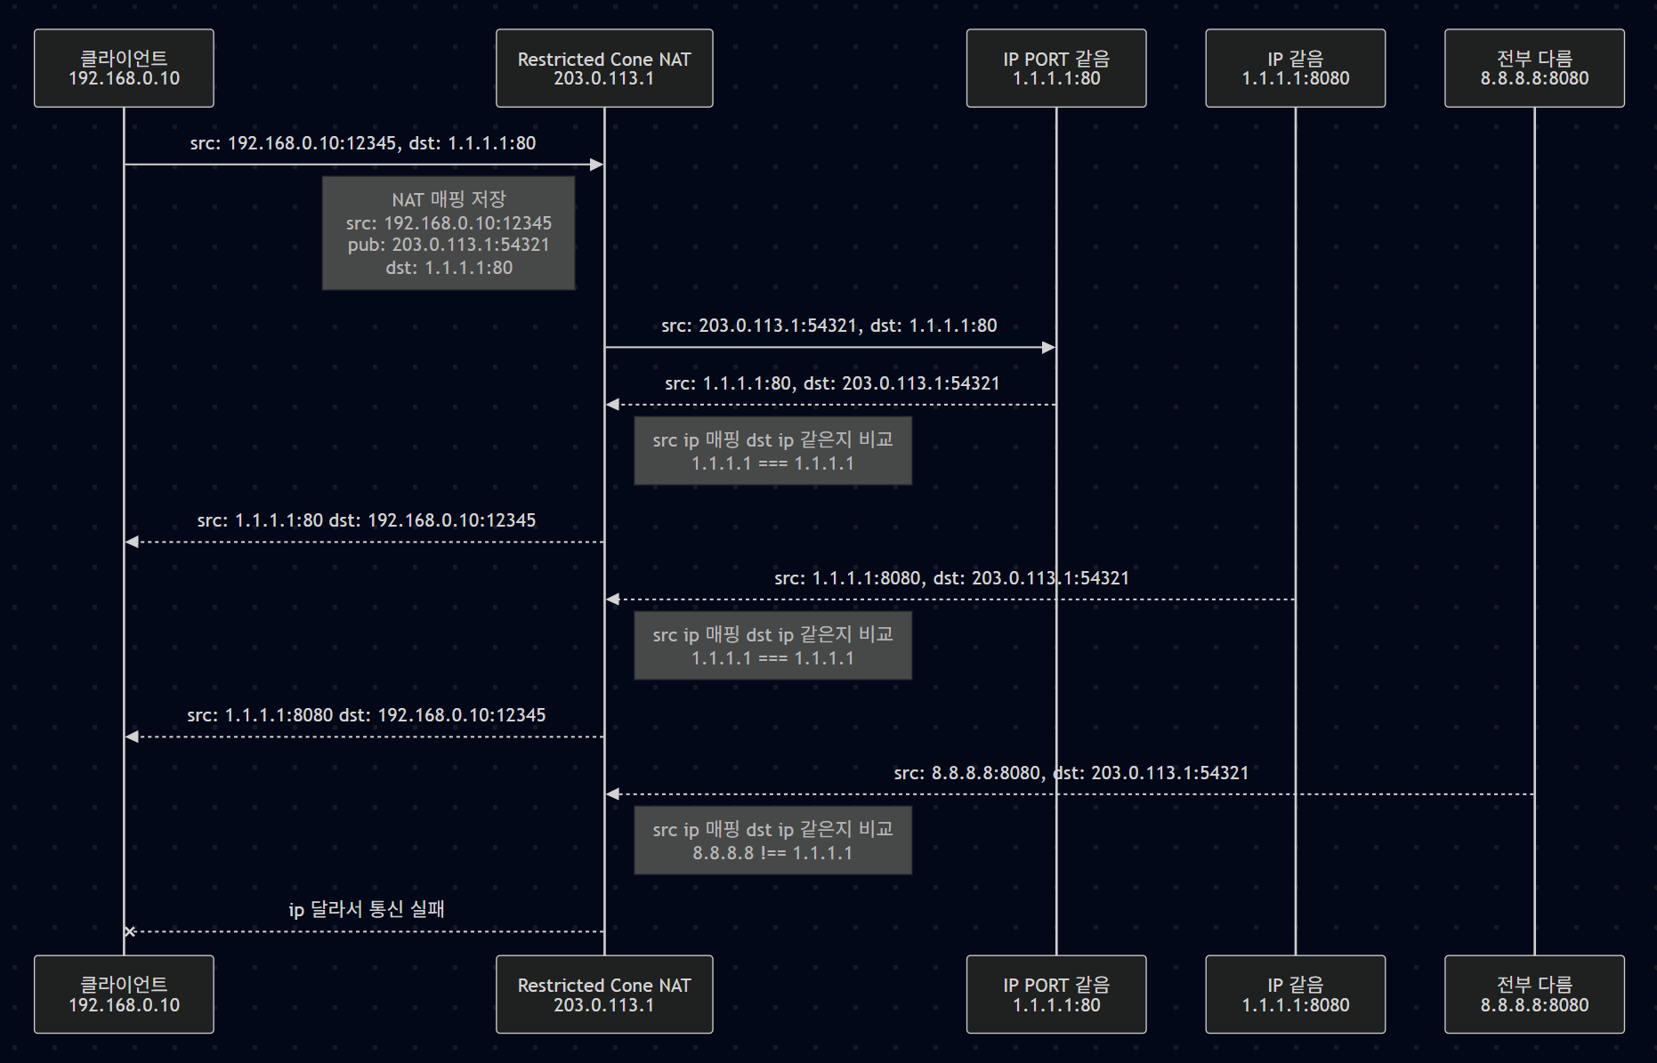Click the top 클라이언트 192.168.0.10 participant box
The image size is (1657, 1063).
point(124,68)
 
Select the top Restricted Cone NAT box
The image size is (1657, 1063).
point(604,68)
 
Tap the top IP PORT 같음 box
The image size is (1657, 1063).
point(1056,68)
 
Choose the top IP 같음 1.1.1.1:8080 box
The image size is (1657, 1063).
point(1295,68)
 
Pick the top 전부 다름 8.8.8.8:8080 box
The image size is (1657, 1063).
point(1534,68)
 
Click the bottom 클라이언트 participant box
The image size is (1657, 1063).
point(124,995)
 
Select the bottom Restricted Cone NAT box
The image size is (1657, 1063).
point(604,995)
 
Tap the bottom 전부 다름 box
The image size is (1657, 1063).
point(1534,995)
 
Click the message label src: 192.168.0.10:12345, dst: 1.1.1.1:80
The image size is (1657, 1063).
point(363,143)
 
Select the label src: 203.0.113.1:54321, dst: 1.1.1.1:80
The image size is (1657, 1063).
point(829,326)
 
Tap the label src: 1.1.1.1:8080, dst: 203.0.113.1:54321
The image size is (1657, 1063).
point(951,578)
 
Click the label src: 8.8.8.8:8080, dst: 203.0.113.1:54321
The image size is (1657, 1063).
point(1071,773)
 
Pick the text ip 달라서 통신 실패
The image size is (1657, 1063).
point(367,909)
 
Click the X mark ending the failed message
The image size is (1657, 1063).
point(130,931)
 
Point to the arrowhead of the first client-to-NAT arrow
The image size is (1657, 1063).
point(597,165)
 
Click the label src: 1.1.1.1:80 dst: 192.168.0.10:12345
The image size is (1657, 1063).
point(367,520)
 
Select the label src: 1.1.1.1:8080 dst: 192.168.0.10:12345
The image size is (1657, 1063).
point(367,715)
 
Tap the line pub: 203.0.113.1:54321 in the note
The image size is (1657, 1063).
point(449,245)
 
